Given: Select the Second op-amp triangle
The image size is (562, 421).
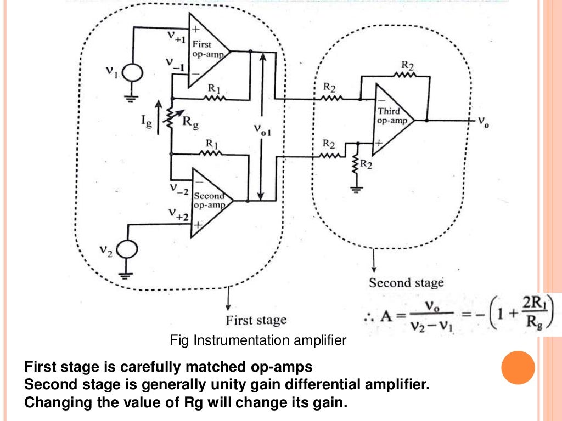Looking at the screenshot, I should [x=209, y=202].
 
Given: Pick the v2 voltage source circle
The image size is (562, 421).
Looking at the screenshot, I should [x=128, y=251].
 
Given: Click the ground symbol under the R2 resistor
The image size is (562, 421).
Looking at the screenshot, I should [x=357, y=190].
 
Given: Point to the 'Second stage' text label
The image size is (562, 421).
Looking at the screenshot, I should [x=406, y=283].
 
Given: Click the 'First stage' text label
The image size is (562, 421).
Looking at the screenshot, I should [x=256, y=320].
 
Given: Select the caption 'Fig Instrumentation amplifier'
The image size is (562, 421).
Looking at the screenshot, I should [x=258, y=340].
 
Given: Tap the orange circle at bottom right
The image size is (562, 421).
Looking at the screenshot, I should [x=518, y=367].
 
